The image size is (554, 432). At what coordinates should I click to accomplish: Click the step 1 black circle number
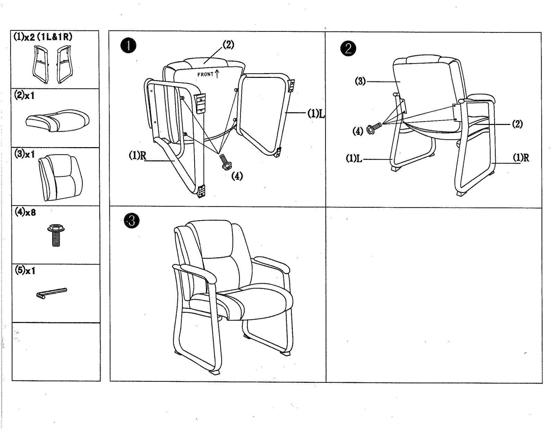point(128,46)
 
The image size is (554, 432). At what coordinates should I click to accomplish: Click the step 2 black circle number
point(348,48)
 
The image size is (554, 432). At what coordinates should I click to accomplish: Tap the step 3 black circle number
point(132,220)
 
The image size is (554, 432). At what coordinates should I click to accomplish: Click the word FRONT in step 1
point(205,74)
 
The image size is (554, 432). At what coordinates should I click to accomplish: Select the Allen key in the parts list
point(52,293)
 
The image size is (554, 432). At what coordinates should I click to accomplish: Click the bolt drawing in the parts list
point(56,235)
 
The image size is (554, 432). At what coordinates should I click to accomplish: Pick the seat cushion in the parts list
point(57,121)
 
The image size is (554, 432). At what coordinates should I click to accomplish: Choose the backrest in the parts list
point(61,177)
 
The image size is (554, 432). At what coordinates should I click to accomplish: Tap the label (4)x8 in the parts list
point(25,212)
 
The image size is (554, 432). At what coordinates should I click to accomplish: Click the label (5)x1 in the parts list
point(25,270)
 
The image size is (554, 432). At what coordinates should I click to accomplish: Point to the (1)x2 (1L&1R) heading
point(43,37)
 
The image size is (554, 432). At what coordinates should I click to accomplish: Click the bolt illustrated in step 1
point(225,162)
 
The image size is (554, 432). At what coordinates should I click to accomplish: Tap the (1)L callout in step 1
point(316,114)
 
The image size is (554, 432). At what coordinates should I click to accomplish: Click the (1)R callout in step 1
point(138,155)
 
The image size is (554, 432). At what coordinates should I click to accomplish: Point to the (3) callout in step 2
point(360,81)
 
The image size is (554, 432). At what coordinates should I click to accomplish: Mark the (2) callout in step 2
point(517,124)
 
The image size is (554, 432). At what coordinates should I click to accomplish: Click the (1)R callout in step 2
point(521,158)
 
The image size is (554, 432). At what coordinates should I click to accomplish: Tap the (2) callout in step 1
point(229,45)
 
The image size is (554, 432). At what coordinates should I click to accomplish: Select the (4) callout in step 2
point(358,132)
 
